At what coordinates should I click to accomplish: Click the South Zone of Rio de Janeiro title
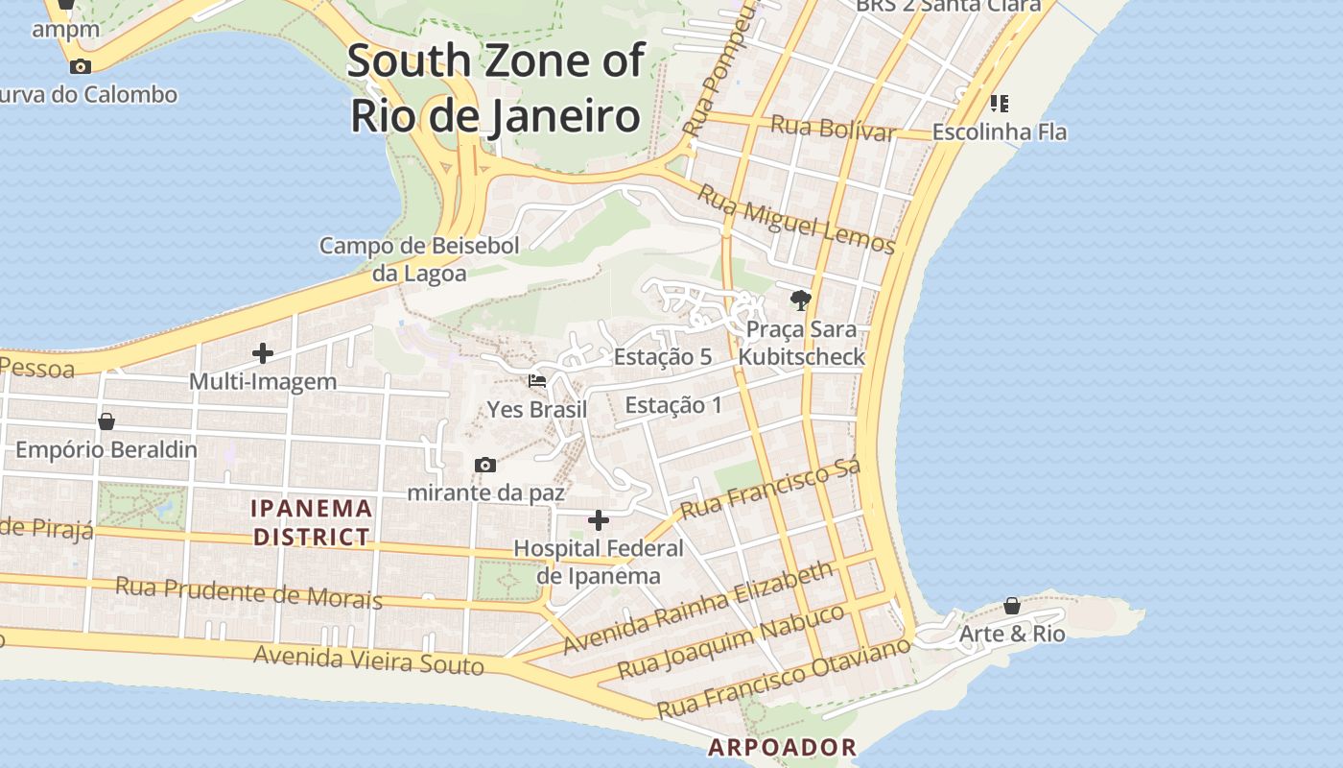coord(495,87)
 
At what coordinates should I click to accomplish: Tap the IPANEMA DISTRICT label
coord(312,522)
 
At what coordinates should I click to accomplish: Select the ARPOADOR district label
coord(782,747)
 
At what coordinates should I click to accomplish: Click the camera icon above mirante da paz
coord(485,466)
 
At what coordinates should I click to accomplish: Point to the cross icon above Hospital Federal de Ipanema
coord(599,520)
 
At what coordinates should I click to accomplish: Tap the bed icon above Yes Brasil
coord(537,381)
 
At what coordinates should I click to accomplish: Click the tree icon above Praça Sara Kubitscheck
coord(800,300)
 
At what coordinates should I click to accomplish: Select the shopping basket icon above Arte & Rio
coord(1012,606)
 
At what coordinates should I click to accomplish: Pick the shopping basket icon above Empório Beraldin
coord(106,421)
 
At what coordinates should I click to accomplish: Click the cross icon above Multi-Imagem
coord(263,353)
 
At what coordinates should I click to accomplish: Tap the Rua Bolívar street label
coord(833,128)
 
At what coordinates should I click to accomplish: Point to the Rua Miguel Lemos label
coord(795,220)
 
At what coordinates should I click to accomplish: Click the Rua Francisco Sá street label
coord(770,489)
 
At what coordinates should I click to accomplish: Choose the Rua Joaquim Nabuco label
coord(731,640)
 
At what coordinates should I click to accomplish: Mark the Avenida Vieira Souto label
coord(368,660)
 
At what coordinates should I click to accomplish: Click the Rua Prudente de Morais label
coord(248,592)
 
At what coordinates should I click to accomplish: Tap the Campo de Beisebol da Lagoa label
coord(419,259)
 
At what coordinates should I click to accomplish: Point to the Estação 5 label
coord(663,357)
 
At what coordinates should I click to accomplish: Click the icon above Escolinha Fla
coord(1000,103)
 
